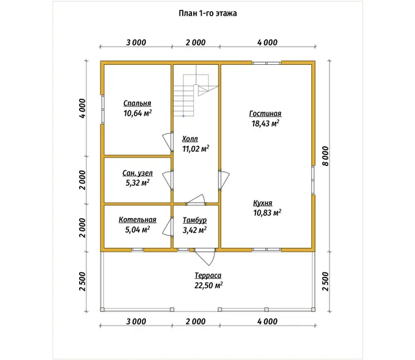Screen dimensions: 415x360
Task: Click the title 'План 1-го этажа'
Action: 207,13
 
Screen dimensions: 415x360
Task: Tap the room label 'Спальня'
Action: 137,103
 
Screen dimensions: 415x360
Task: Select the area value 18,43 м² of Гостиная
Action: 265,123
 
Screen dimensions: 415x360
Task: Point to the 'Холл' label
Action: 190,139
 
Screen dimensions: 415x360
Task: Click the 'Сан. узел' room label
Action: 137,173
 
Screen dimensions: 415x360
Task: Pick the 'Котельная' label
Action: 137,220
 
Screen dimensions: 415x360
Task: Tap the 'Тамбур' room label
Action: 195,221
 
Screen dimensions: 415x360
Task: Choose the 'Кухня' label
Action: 263,203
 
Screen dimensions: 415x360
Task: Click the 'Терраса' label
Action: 208,276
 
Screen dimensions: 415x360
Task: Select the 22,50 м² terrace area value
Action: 208,285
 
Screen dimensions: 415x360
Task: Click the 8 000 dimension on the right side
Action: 326,156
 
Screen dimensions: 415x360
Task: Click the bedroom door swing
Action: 167,142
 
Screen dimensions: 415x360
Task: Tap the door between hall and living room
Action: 224,180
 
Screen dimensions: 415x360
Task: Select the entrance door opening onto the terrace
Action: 205,256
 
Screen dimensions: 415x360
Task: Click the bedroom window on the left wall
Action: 102,109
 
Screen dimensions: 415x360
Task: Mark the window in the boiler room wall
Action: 137,250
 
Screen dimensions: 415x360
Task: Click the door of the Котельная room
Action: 167,226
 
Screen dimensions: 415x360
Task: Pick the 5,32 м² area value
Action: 137,183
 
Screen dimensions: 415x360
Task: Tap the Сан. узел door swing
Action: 167,180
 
